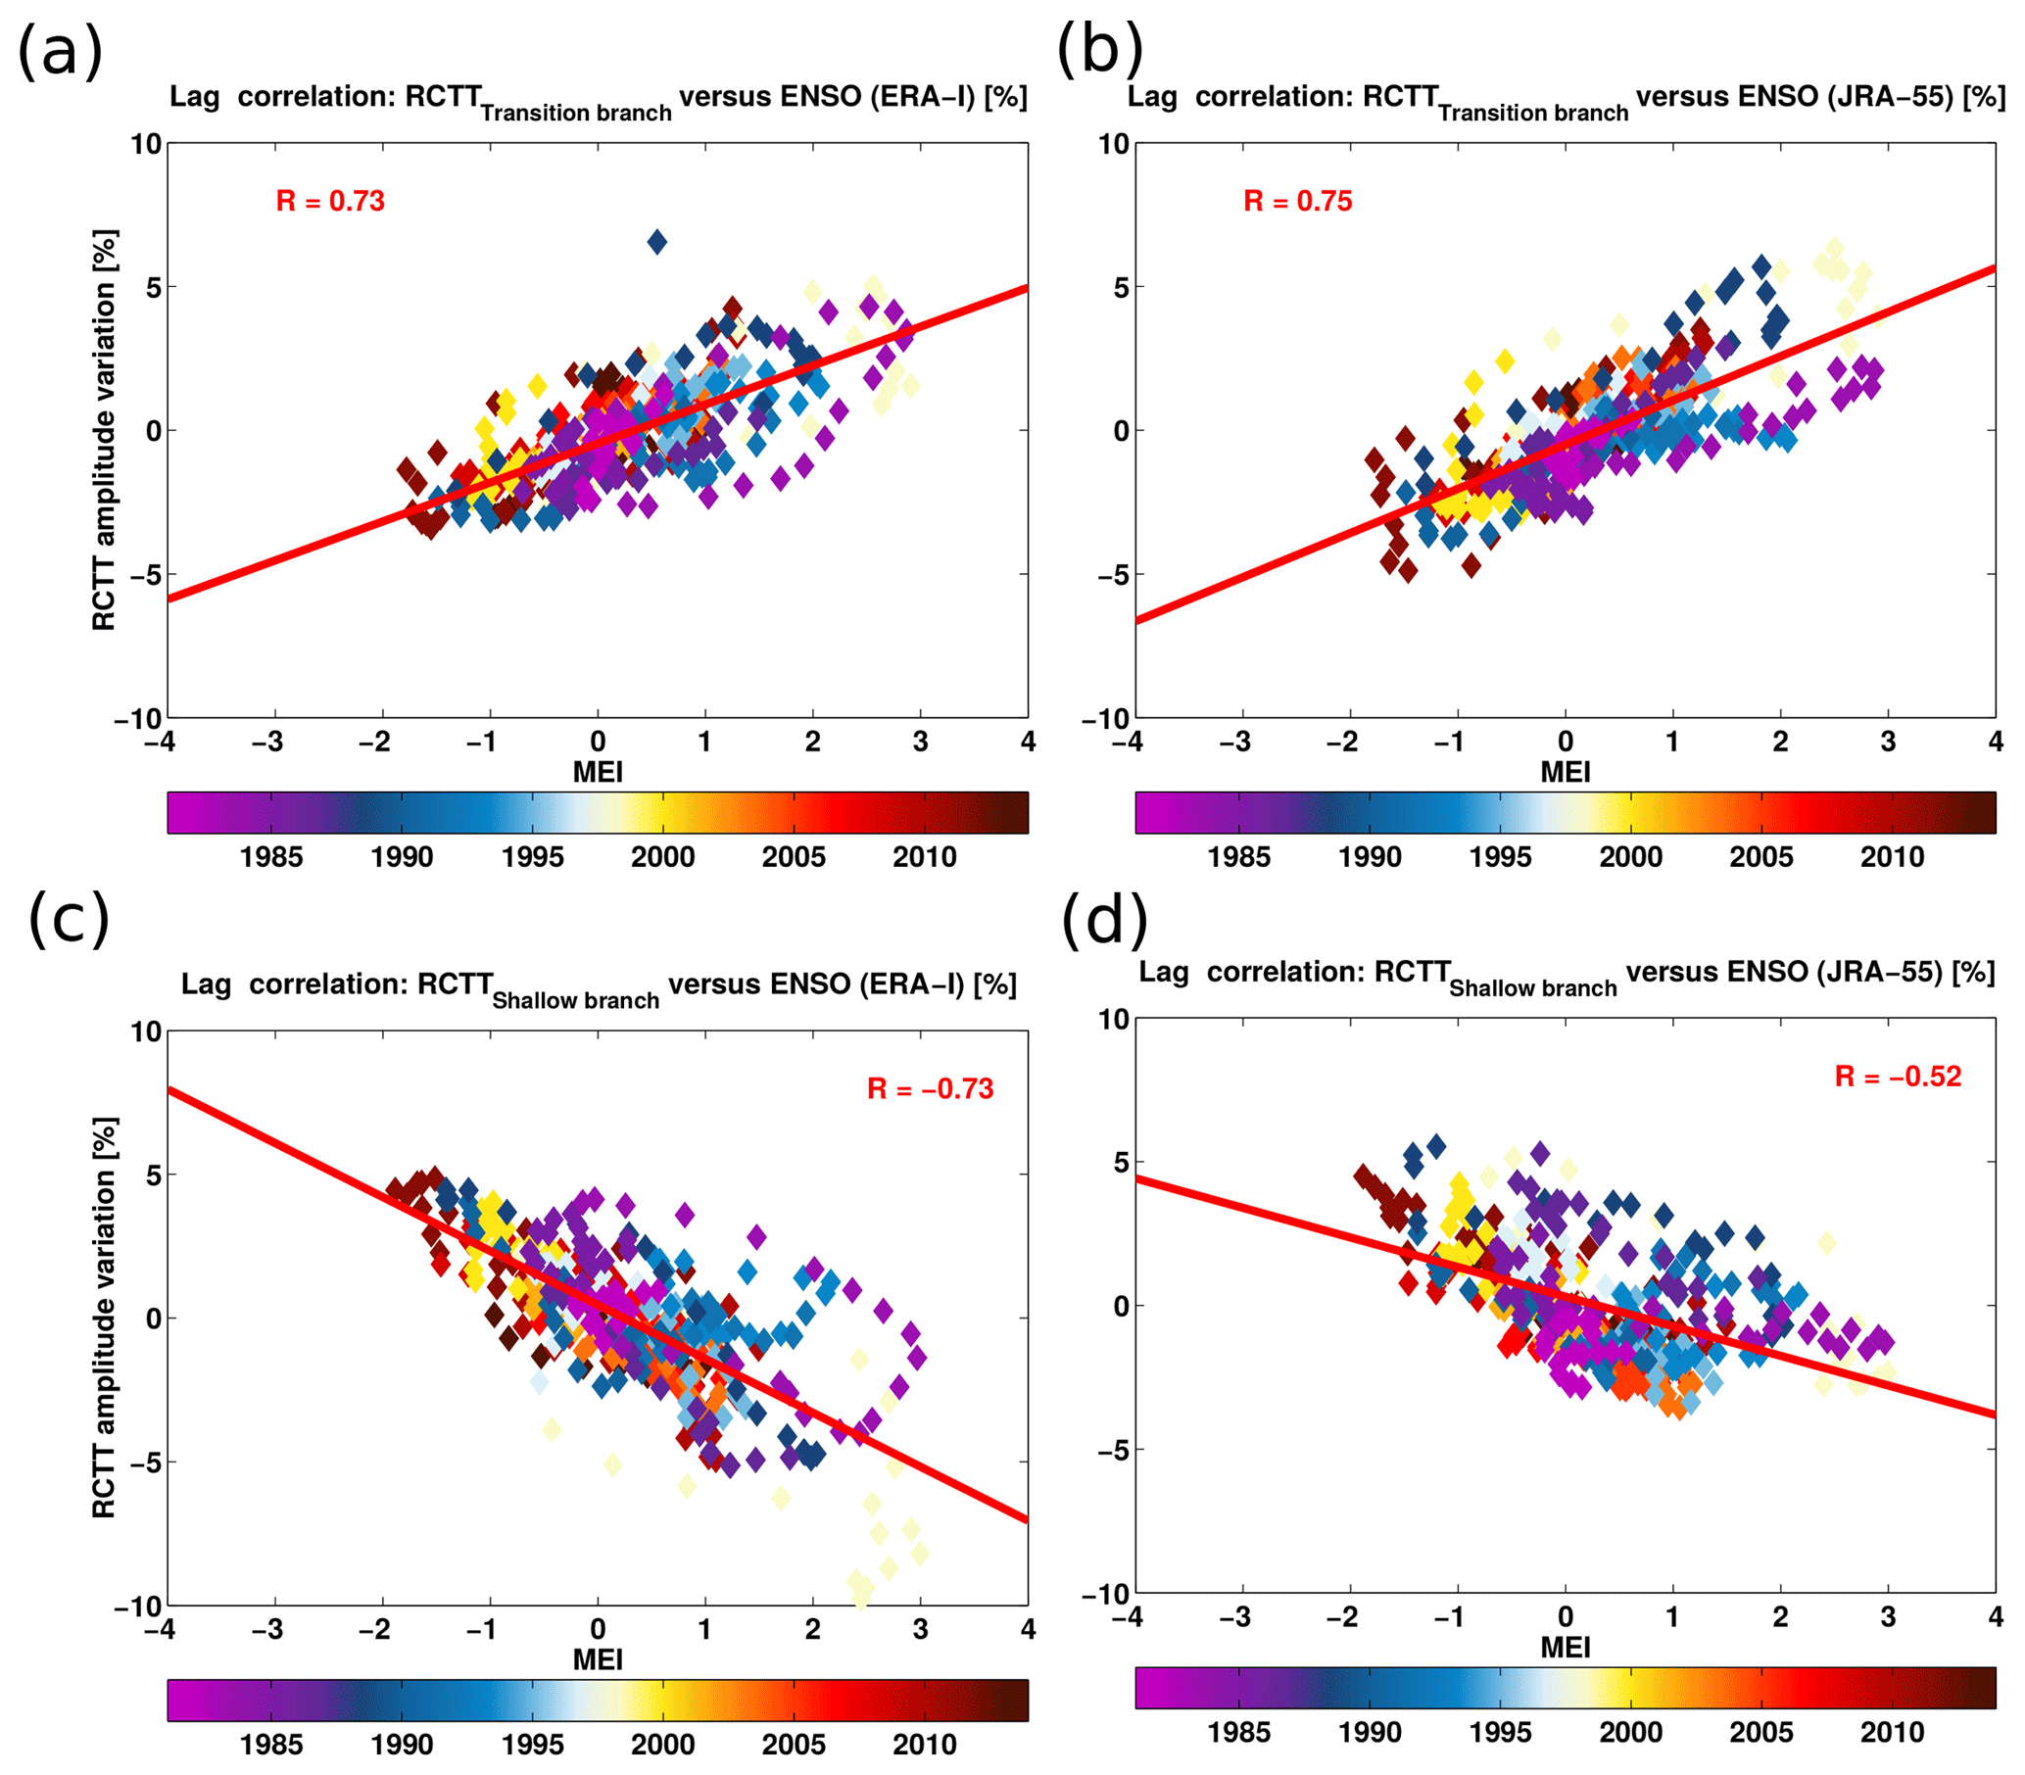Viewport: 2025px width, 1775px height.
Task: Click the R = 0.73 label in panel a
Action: click(330, 201)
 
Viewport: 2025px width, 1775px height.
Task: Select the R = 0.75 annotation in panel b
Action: click(1297, 201)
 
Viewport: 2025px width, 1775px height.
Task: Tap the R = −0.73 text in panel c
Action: click(930, 1088)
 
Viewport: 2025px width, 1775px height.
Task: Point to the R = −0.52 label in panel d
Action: click(1898, 1077)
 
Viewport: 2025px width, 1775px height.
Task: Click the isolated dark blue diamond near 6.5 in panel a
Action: click(656, 241)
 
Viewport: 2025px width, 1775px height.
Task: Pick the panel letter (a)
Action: click(61, 52)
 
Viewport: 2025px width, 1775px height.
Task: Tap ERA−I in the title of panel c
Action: click(911, 984)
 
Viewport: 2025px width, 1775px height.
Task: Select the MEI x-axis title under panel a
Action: click(598, 772)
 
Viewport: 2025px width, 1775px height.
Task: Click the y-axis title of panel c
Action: click(104, 1318)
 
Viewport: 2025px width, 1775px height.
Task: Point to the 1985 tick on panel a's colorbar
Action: click(270, 857)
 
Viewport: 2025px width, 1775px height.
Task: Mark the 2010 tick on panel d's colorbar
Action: click(1891, 1733)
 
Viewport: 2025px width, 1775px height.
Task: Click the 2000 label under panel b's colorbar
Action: click(1630, 857)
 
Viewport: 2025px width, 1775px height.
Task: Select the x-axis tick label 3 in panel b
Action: click(1888, 742)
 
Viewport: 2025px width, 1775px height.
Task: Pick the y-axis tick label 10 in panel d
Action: click(1113, 1019)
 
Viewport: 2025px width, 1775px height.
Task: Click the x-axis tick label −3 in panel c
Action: click(266, 1629)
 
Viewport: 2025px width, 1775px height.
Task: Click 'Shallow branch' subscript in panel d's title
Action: click(1532, 988)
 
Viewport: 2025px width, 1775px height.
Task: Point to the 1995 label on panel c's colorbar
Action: click(532, 1745)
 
